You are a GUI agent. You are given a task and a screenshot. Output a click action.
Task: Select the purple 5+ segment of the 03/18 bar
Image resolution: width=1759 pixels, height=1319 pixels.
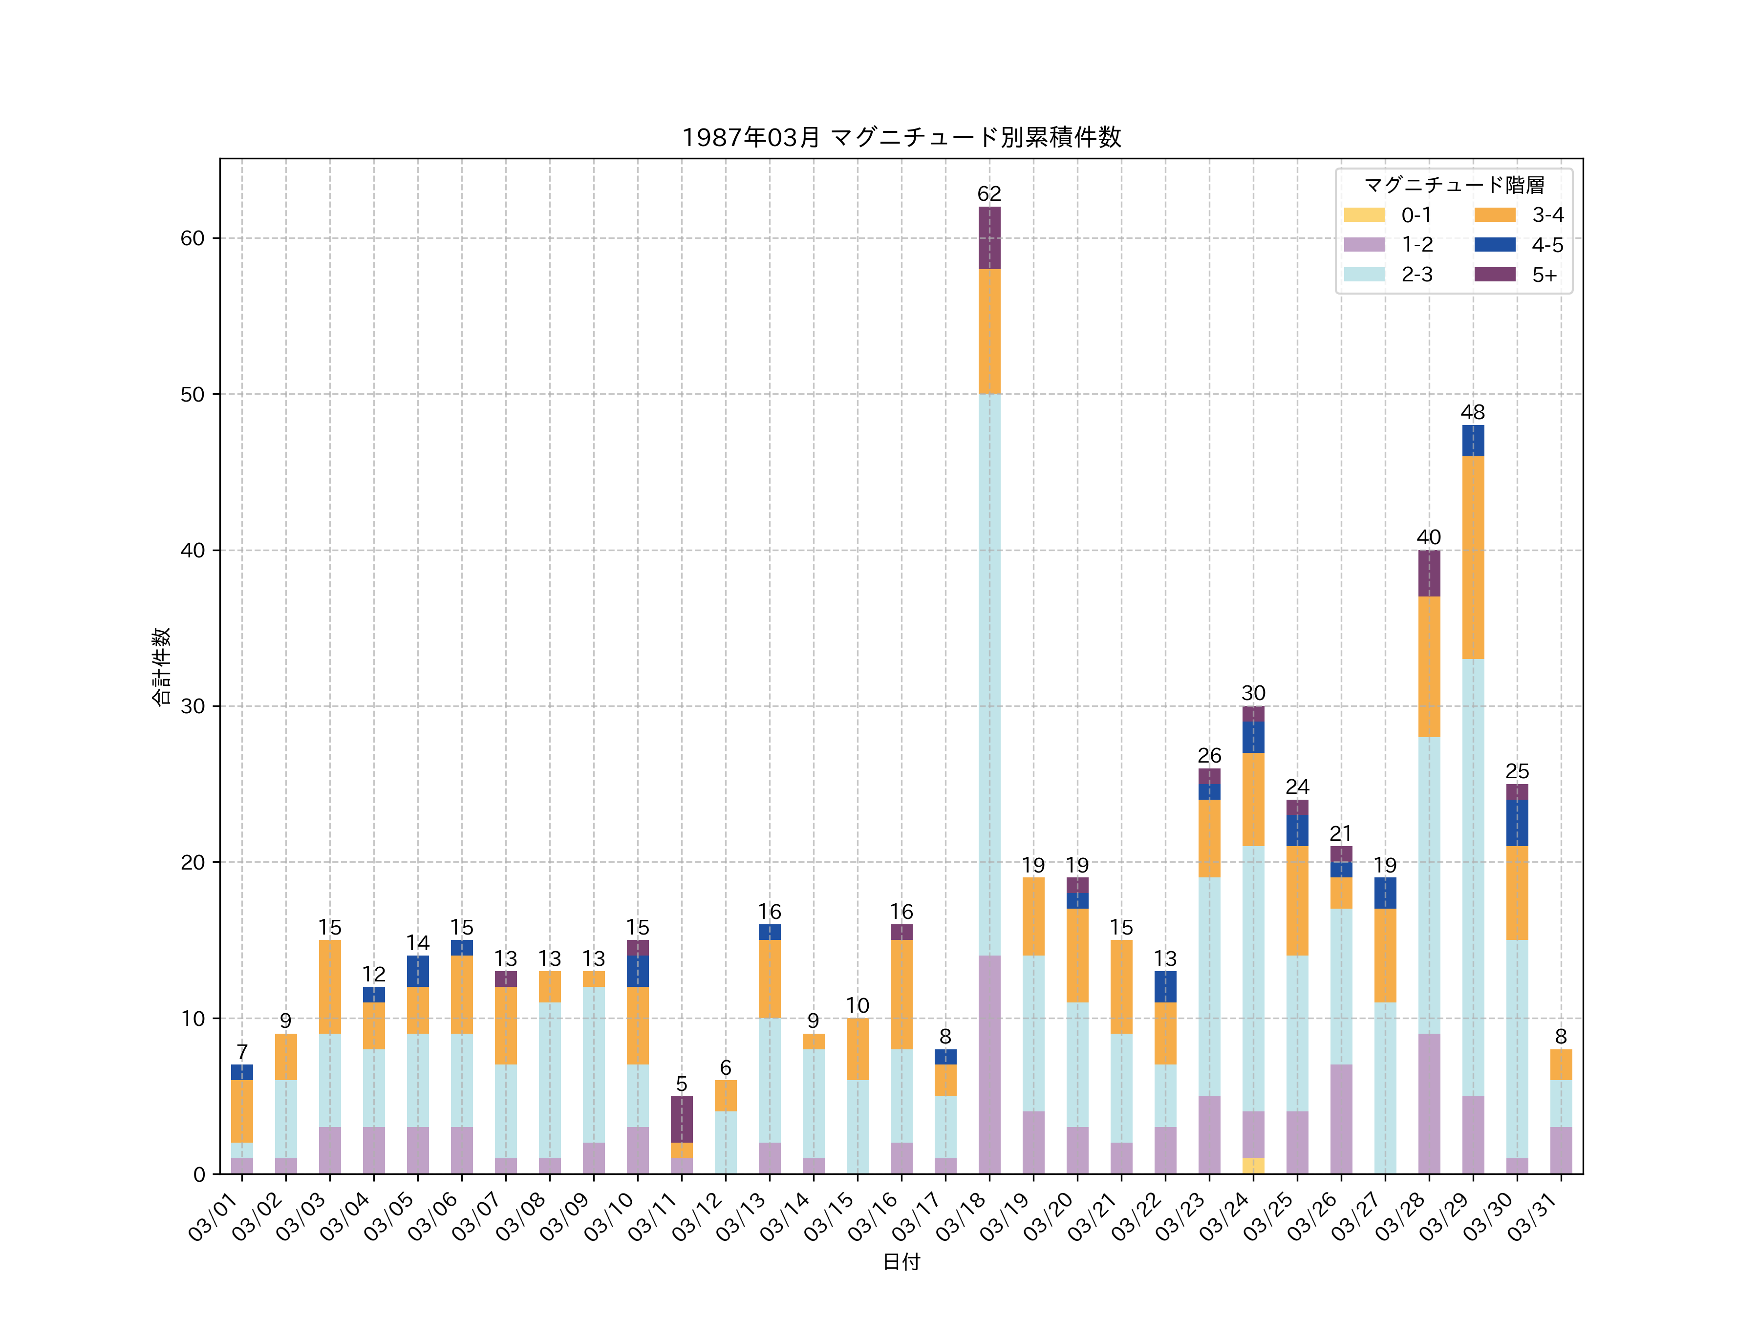coord(989,238)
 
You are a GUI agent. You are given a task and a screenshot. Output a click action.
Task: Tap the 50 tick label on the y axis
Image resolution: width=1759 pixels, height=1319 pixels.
coord(193,394)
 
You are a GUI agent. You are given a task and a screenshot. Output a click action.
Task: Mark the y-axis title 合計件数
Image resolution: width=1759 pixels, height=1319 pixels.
coord(161,666)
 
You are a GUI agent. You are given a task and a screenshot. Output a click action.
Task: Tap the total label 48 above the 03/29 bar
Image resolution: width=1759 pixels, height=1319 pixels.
coord(1473,412)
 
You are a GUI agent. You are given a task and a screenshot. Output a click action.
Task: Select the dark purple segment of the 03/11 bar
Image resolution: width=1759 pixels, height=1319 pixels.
coord(682,1119)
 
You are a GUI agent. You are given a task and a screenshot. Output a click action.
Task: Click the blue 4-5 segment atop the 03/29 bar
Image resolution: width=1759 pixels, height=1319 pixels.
coord(1473,441)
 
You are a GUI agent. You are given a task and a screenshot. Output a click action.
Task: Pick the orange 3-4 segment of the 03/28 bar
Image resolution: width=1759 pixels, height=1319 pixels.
coord(1429,666)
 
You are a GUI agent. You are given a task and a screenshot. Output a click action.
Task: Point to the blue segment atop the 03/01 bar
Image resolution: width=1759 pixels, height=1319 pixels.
coord(242,1072)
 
